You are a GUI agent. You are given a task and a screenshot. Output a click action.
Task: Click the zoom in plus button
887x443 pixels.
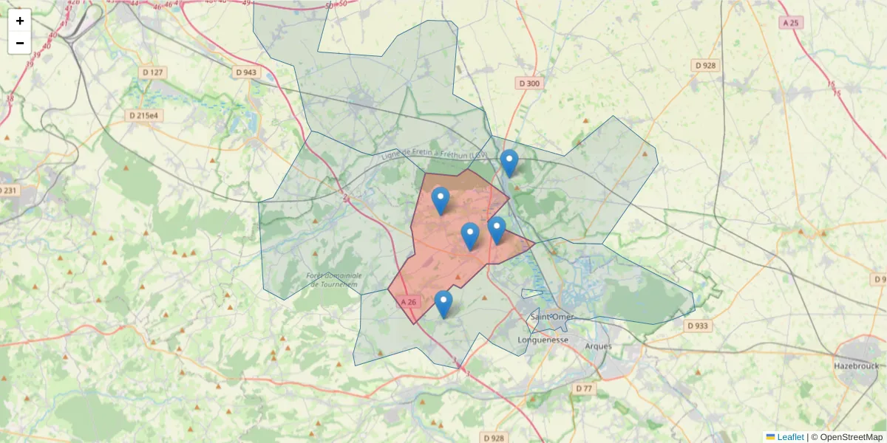(x=20, y=21)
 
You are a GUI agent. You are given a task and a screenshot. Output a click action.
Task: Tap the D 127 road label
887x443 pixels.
(x=152, y=72)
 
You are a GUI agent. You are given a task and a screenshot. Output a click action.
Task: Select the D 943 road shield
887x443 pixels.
(x=245, y=72)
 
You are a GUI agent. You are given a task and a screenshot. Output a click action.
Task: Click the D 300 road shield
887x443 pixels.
(x=529, y=83)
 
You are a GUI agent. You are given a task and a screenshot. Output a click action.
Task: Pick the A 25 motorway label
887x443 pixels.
(x=790, y=23)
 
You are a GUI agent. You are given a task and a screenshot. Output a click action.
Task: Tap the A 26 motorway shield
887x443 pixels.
(x=409, y=302)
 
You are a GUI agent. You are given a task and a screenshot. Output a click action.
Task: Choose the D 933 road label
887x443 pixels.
(x=696, y=325)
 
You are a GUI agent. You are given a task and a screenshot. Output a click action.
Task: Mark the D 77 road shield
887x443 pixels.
(x=584, y=388)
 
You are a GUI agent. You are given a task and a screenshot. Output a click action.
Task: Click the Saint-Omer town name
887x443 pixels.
(x=553, y=317)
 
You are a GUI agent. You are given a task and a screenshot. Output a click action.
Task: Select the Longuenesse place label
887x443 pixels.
(x=543, y=340)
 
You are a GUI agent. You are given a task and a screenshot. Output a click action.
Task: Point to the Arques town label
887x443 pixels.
(x=598, y=346)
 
